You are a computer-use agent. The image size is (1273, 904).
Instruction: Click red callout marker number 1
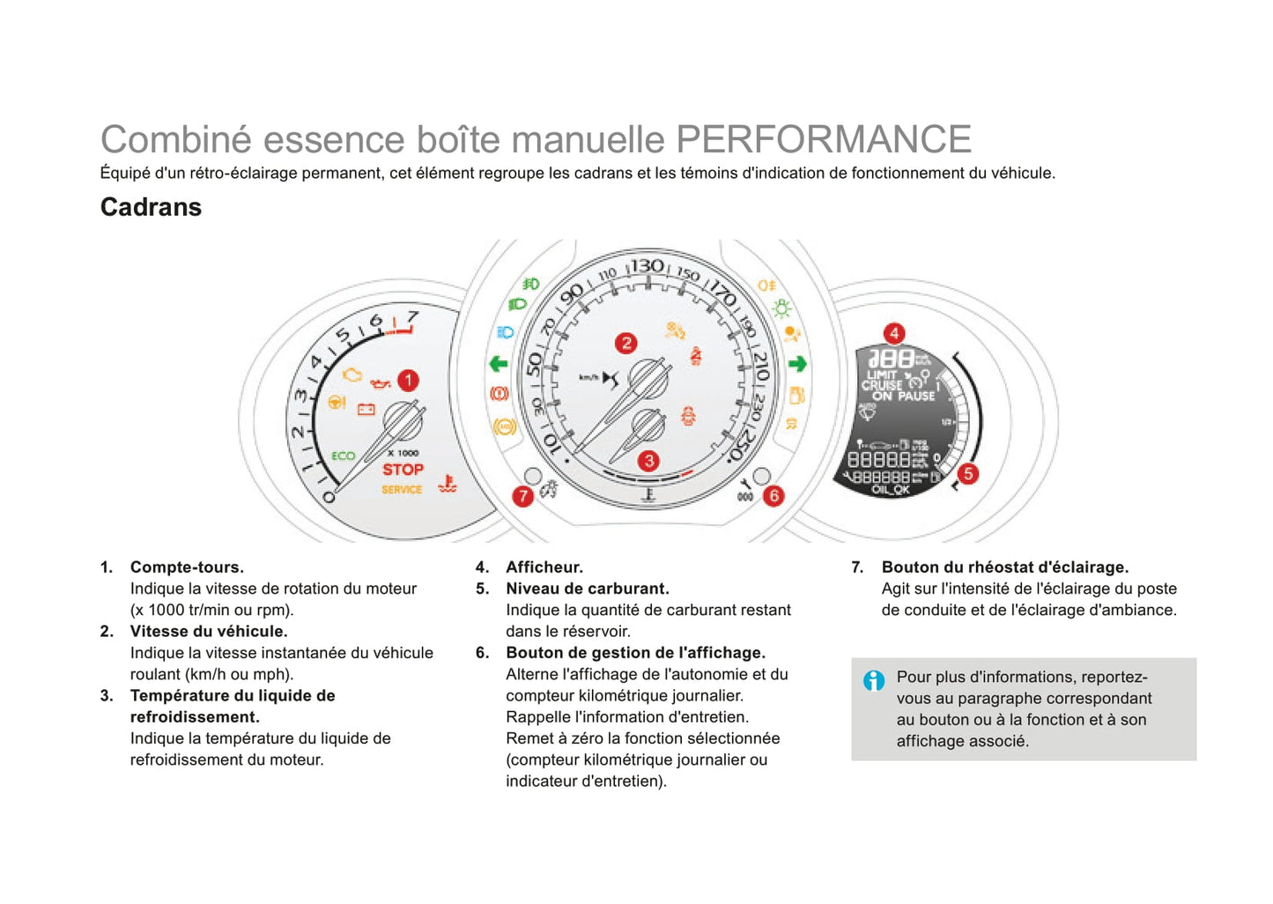tap(408, 381)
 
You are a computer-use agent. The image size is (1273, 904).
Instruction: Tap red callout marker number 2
tap(625, 343)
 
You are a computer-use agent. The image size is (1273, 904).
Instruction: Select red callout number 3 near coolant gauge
tap(649, 461)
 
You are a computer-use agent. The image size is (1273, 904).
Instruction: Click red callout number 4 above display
tap(894, 333)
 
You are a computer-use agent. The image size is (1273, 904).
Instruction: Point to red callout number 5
tap(968, 474)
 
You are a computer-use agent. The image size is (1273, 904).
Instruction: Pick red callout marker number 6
tap(773, 496)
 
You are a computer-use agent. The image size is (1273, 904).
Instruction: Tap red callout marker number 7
tap(523, 496)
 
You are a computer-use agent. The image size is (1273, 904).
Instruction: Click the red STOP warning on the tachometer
tap(403, 470)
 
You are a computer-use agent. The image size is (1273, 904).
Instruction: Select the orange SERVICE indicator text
tap(402, 490)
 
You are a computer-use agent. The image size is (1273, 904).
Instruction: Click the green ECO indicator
tap(343, 456)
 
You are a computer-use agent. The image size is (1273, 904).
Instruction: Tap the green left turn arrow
tap(499, 363)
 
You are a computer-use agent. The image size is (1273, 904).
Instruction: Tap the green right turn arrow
tap(797, 363)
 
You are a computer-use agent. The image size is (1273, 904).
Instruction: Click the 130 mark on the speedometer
tap(648, 266)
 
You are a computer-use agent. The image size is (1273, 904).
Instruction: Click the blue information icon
tap(874, 680)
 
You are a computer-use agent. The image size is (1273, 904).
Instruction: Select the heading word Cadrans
tap(151, 207)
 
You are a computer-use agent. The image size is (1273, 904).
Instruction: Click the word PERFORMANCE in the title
tap(823, 139)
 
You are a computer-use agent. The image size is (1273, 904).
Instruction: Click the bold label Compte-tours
tap(187, 567)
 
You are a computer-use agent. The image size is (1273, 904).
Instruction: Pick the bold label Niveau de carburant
tap(587, 589)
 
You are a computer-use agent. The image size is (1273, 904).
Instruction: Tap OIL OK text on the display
tap(890, 490)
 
